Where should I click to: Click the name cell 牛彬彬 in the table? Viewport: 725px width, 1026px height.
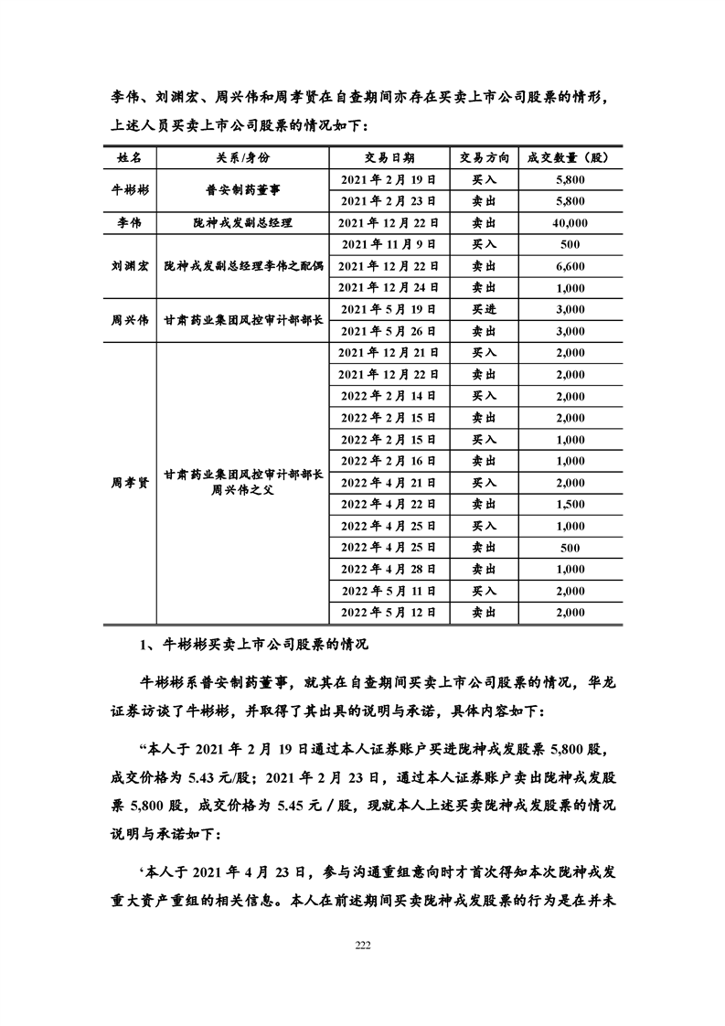130,190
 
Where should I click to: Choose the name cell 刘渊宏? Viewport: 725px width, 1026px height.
130,265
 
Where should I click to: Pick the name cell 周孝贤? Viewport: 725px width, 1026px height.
130,481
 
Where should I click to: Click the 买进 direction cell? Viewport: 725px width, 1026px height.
484,309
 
